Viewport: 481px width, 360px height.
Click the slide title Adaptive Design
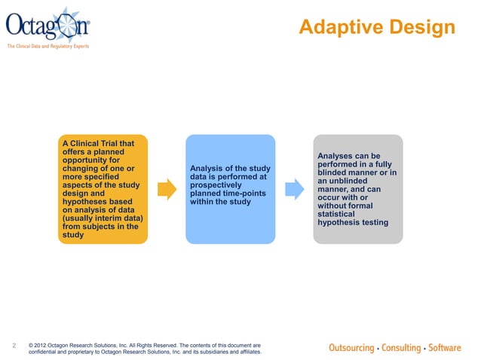(376, 28)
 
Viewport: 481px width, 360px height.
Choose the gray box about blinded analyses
(357, 189)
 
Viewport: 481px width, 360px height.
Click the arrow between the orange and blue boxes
(165, 189)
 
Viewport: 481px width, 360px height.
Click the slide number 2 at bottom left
(15, 346)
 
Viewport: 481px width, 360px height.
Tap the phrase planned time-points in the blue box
(227, 194)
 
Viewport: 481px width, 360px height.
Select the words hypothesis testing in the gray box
(354, 222)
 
